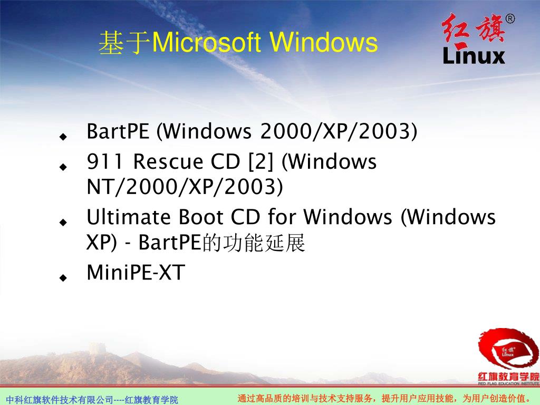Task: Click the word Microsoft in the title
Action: (206, 43)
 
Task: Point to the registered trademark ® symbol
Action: (510, 20)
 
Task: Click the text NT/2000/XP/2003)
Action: (185, 186)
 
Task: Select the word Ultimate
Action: (130, 217)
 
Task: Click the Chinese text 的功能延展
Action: (254, 244)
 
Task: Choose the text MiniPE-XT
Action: (136, 273)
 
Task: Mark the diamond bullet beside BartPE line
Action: (63, 136)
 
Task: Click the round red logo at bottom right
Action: (507, 350)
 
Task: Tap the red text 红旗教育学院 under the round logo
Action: (508, 377)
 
